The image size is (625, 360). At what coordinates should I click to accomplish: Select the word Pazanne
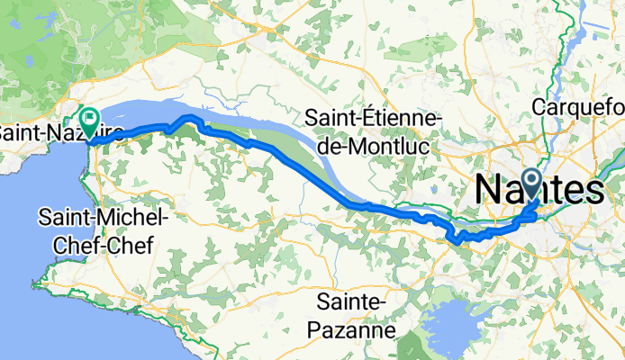(x=358, y=329)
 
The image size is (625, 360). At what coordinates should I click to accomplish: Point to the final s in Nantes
(x=594, y=190)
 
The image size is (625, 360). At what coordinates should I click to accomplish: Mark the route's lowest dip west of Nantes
(x=457, y=240)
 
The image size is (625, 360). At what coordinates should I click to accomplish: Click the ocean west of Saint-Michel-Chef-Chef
(x=18, y=225)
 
